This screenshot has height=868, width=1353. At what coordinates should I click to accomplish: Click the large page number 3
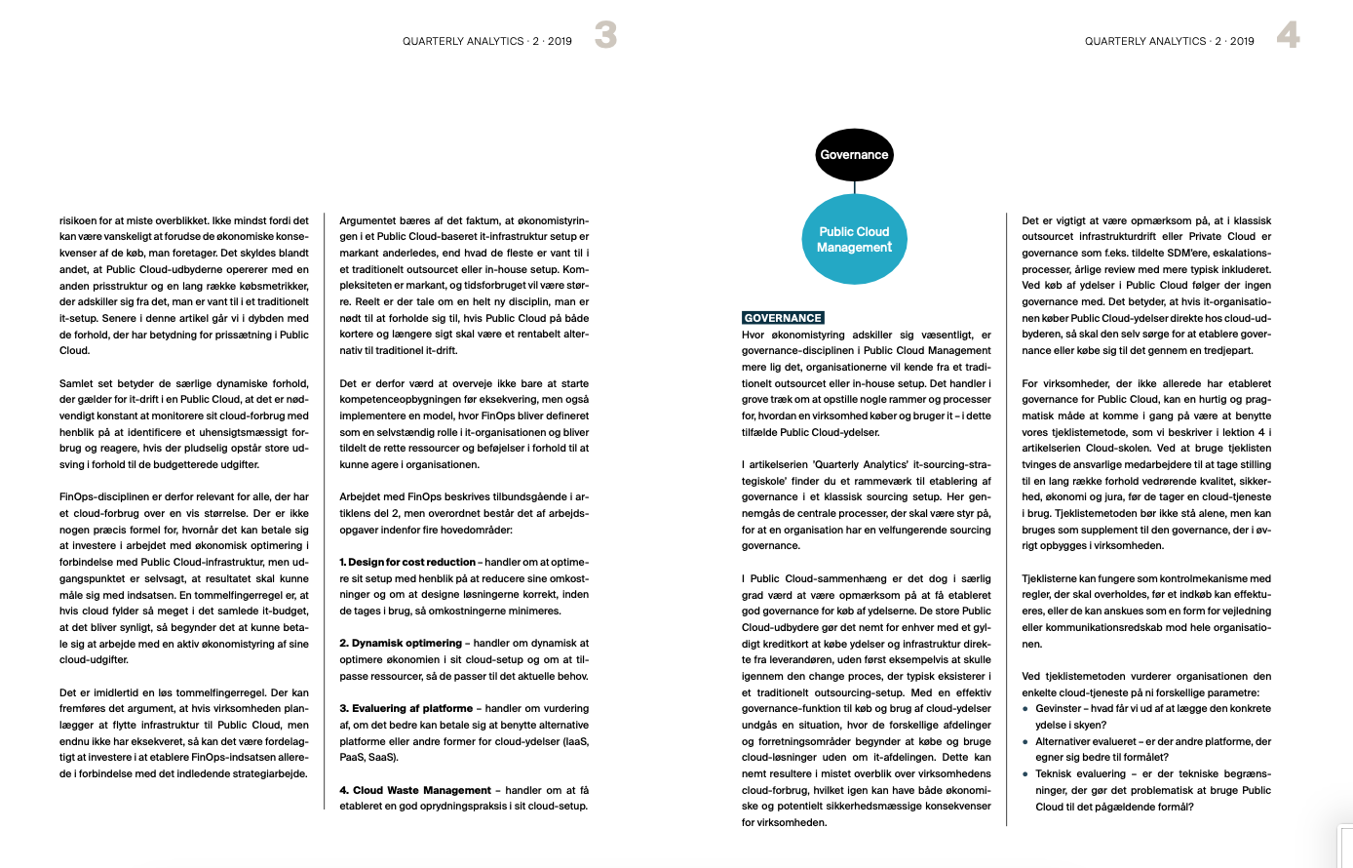pyautogui.click(x=605, y=36)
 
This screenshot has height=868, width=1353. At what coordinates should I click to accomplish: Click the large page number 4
pyautogui.click(x=1288, y=36)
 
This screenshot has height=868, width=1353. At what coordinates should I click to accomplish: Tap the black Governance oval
pyautogui.click(x=854, y=155)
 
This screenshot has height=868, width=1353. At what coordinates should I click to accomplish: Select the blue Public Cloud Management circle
pyautogui.click(x=854, y=239)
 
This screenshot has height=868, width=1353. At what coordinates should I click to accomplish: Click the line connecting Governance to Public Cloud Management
pyautogui.click(x=854, y=187)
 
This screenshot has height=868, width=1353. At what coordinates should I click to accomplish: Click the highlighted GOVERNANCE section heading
pyautogui.click(x=783, y=318)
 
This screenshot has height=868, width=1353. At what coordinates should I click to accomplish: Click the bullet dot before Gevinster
pyautogui.click(x=1025, y=709)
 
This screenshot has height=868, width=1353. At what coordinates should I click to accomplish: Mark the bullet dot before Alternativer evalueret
pyautogui.click(x=1025, y=741)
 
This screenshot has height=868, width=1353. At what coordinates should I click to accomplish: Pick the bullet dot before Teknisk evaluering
pyautogui.click(x=1025, y=774)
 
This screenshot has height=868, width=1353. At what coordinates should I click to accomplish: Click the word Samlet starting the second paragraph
pyautogui.click(x=76, y=383)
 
